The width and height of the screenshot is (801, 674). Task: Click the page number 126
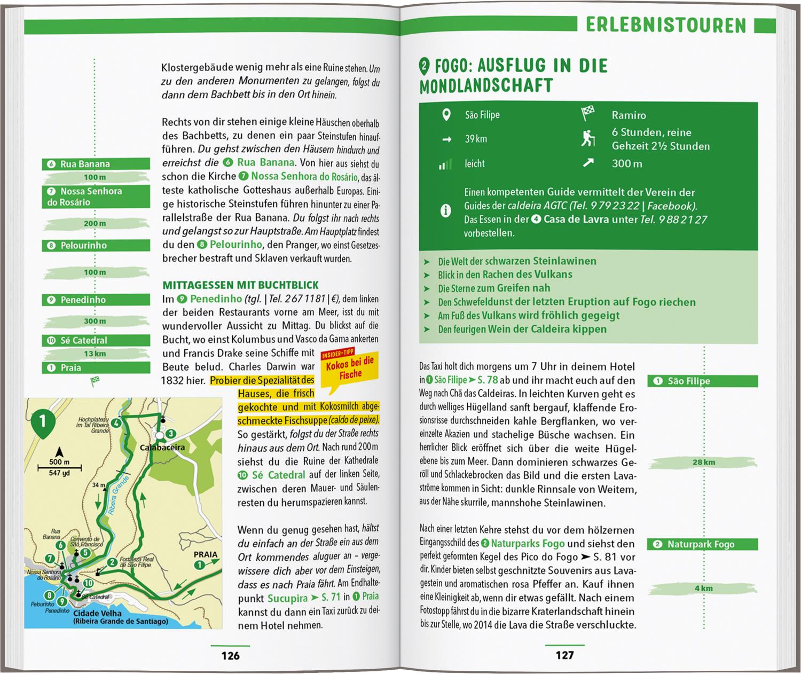[x=230, y=655]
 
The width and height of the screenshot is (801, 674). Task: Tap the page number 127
[x=564, y=655]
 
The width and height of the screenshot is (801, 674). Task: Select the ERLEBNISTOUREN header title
[x=665, y=25]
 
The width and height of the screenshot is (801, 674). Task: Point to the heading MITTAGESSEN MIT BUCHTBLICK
[x=240, y=285]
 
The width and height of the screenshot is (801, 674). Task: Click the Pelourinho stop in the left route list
[x=96, y=246]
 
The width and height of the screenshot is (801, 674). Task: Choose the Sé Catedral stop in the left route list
[x=96, y=340]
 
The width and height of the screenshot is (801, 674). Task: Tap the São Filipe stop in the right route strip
[x=703, y=381]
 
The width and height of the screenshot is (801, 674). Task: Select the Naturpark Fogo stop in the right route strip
[x=703, y=544]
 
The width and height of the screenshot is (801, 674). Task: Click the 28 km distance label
[x=703, y=463]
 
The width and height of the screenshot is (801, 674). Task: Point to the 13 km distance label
[x=95, y=354]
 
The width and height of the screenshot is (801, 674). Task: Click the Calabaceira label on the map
[x=162, y=448]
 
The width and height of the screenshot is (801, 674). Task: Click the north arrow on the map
[x=59, y=452]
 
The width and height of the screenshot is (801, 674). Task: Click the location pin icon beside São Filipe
[x=446, y=115]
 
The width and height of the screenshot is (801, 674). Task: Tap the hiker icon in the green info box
[x=587, y=139]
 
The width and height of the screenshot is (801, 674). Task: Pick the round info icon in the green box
[x=445, y=211]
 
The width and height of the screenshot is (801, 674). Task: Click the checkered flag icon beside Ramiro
[x=587, y=114]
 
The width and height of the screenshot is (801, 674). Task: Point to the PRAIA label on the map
[x=206, y=554]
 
